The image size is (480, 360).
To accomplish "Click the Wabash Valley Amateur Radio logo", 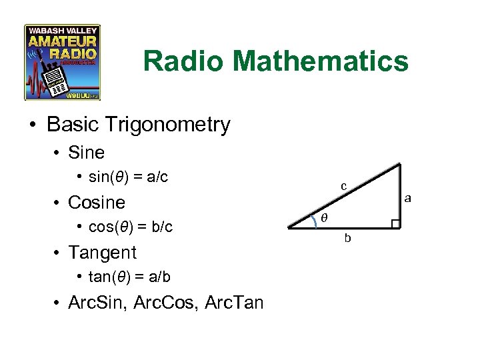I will pos(63,63).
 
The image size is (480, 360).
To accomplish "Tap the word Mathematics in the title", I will pos(321,62).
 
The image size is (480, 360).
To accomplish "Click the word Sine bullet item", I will pos(87,153).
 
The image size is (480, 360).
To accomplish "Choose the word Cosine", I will pos(97,202).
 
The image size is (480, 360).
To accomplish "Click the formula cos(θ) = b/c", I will pos(131,227).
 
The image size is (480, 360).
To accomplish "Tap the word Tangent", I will pos(102,253).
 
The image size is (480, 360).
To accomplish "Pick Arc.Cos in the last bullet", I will pos(161,303).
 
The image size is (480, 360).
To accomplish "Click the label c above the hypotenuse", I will pos(344,187).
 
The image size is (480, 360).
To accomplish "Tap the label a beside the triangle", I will pos(407,198).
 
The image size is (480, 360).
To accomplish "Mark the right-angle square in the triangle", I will pos(395,223).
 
